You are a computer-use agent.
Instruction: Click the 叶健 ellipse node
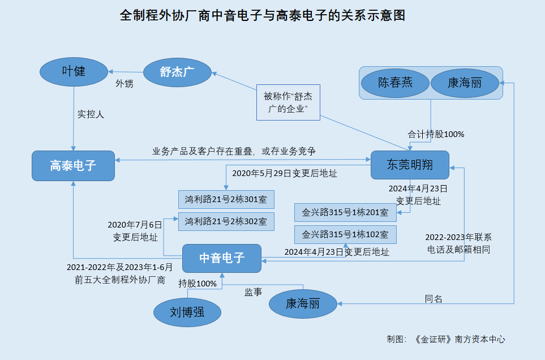coord(74,71)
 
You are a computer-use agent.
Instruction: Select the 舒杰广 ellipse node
coord(177,72)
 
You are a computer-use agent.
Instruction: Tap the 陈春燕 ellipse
coord(395,83)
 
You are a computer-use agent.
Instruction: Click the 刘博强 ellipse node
coord(187,311)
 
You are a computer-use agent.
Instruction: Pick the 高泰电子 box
coord(73,166)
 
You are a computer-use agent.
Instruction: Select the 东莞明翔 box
coord(410,165)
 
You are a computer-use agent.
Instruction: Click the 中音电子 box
coord(221,258)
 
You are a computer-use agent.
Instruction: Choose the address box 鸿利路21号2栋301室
coord(226,199)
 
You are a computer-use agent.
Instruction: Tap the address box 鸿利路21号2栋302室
coord(226,221)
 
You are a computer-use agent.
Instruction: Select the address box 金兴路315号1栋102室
coord(345,234)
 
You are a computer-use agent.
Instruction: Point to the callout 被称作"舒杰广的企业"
coord(288,102)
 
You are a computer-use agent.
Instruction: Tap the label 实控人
coord(91,114)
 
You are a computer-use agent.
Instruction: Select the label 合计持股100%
coord(436,135)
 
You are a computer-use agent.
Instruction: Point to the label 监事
coord(253,292)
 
